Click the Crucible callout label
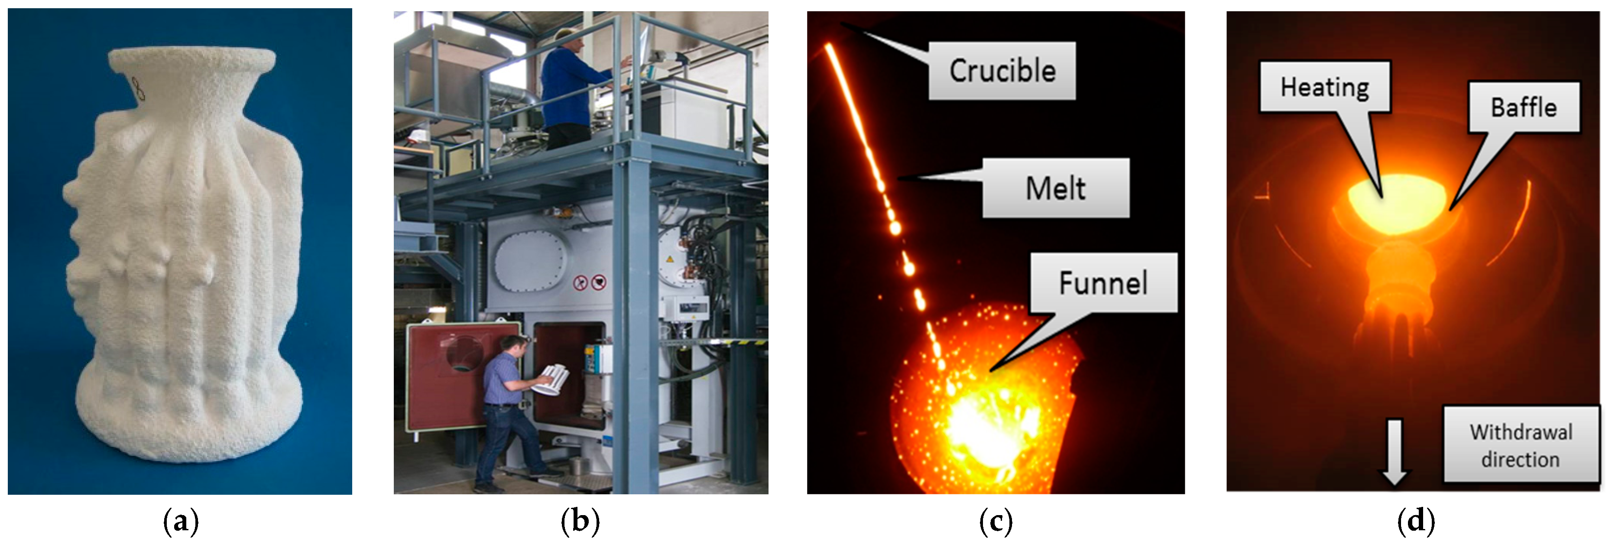point(1002,70)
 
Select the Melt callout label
point(1056,188)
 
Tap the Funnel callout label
point(1103,283)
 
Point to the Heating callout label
point(1325,87)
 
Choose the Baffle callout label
point(1524,107)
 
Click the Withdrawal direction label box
point(1521,445)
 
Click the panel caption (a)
point(180,521)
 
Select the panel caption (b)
point(580,521)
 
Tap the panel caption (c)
point(996,521)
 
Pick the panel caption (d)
point(1416,521)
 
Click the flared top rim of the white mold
point(191,59)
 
